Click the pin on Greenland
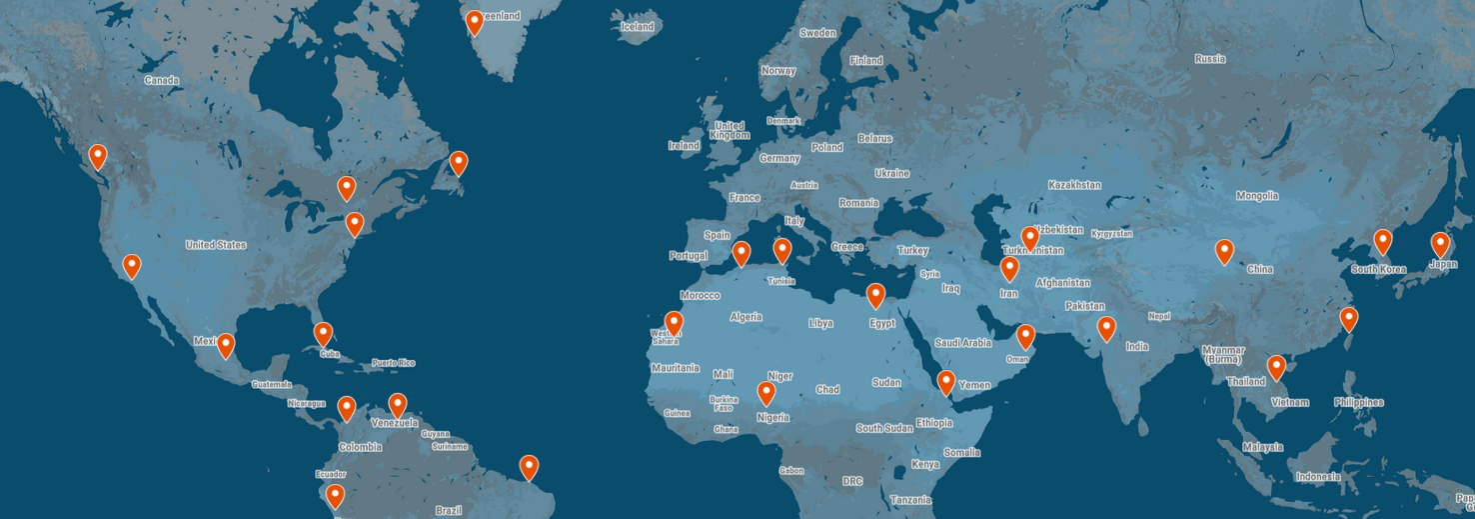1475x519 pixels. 475,22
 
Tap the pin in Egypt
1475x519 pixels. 875,295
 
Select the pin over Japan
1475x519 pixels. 1440,244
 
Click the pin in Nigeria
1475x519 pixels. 766,393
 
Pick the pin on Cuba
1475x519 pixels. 323,334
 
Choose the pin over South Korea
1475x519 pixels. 1382,241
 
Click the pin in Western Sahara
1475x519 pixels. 674,323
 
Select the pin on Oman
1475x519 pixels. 1025,336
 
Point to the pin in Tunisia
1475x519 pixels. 782,250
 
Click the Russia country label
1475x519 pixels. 1209,59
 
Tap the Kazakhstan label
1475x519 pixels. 1074,185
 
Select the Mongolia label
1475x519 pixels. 1256,196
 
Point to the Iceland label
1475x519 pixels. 637,27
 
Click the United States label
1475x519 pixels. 216,245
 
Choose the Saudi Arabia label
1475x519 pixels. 962,343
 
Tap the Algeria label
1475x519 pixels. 745,317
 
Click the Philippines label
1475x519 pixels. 1358,402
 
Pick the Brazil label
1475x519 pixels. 449,510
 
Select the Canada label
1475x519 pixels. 161,80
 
